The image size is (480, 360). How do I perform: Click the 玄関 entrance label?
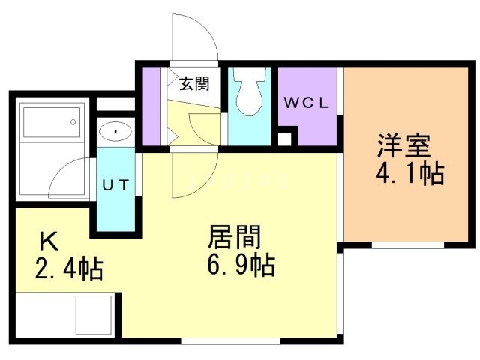(x=194, y=83)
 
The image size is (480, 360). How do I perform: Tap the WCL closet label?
(x=307, y=103)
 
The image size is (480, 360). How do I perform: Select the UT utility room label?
(x=115, y=185)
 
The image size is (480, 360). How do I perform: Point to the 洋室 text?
(x=404, y=145)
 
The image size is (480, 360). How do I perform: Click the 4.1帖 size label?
(x=410, y=173)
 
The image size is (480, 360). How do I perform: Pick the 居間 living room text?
(x=234, y=236)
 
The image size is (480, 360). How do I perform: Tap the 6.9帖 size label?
(x=241, y=265)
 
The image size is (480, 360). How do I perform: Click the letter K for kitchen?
(x=49, y=241)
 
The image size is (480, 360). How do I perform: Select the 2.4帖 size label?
(x=69, y=268)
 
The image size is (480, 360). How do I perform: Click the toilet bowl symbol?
(x=250, y=91)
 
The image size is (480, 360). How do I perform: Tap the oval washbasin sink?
(x=115, y=131)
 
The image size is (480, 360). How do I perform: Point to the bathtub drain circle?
(x=73, y=121)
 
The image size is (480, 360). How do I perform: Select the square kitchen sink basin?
(x=93, y=315)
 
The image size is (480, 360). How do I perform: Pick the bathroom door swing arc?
(x=69, y=178)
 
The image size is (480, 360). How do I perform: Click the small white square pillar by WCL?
(x=284, y=139)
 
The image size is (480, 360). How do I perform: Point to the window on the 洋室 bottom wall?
(x=408, y=245)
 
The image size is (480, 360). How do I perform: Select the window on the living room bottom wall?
(x=231, y=340)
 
